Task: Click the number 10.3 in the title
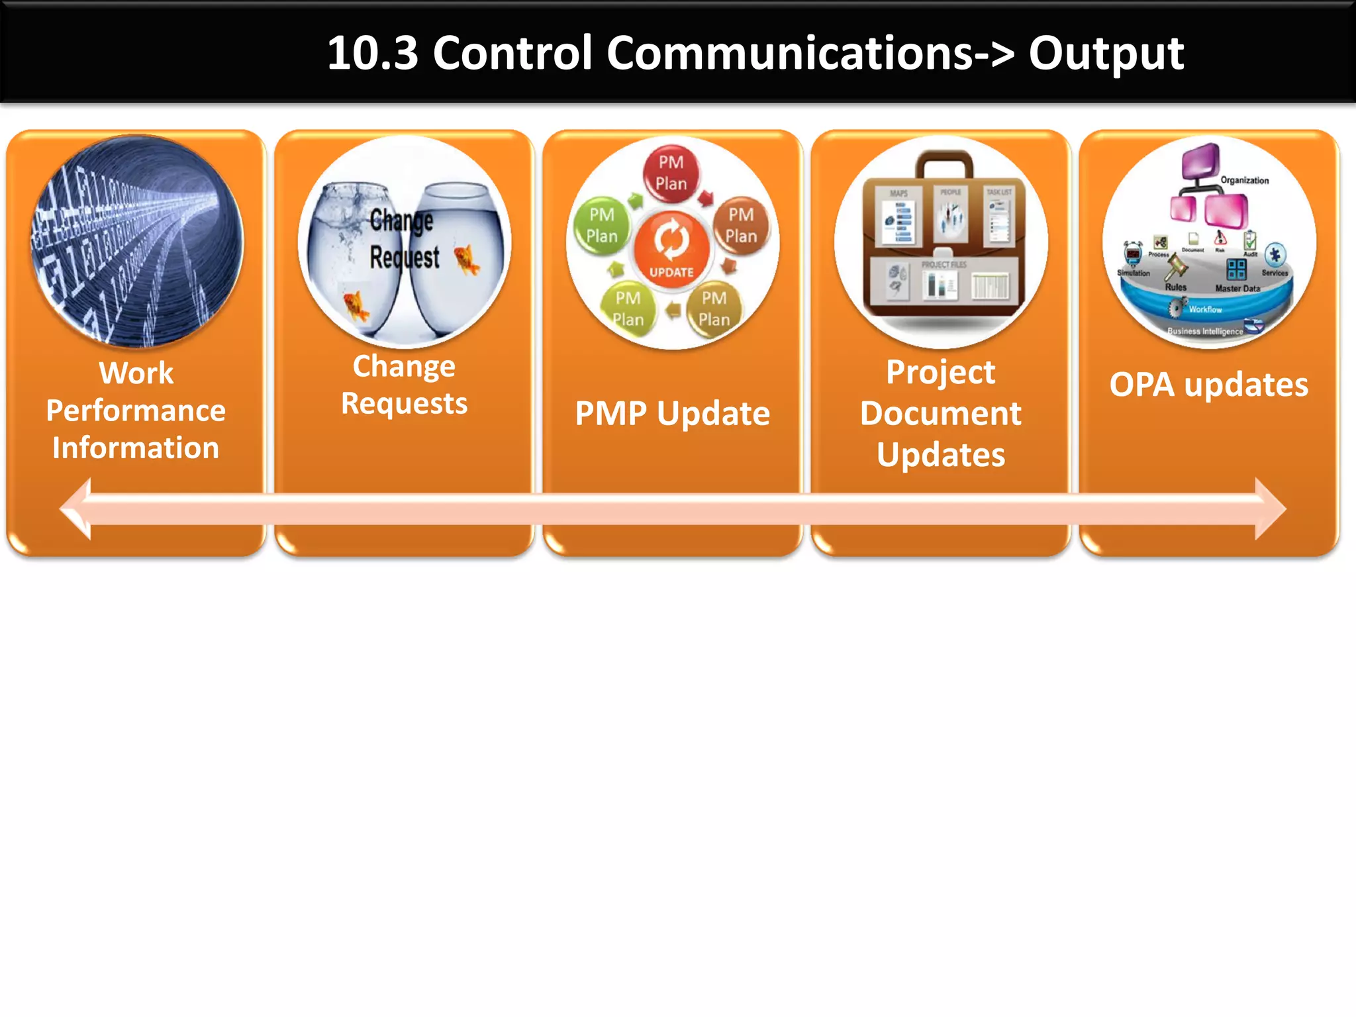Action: coord(373,53)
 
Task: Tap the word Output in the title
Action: coord(1106,53)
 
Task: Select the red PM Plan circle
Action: coord(671,173)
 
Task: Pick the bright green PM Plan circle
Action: coord(601,225)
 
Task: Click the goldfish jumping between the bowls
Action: coord(467,260)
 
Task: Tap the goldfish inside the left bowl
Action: coord(356,306)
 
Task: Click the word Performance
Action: coord(136,411)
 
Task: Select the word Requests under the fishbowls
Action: coord(404,403)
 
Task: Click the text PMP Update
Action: coord(672,414)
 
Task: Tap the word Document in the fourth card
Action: coord(940,414)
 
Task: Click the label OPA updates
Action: coord(1208,385)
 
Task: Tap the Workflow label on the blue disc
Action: coord(1205,309)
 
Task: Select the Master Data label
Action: coord(1237,289)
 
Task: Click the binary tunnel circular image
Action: coord(137,242)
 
